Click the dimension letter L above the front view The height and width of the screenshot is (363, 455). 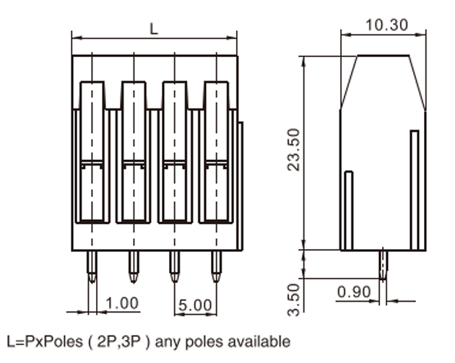pyautogui.click(x=154, y=29)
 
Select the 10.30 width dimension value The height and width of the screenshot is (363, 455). pyautogui.click(x=387, y=25)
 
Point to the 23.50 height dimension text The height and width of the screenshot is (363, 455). pyautogui.click(x=293, y=149)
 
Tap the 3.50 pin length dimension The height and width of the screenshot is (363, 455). pyautogui.click(x=293, y=299)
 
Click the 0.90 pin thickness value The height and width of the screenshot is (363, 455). pyautogui.click(x=354, y=292)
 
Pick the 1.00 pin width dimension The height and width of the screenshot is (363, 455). pyautogui.click(x=122, y=303)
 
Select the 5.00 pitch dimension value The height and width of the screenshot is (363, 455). pyautogui.click(x=195, y=305)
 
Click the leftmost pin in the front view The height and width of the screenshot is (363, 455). pyautogui.click(x=92, y=266)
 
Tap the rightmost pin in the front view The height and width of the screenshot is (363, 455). pyautogui.click(x=216, y=266)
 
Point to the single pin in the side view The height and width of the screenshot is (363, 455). pyautogui.click(x=383, y=265)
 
